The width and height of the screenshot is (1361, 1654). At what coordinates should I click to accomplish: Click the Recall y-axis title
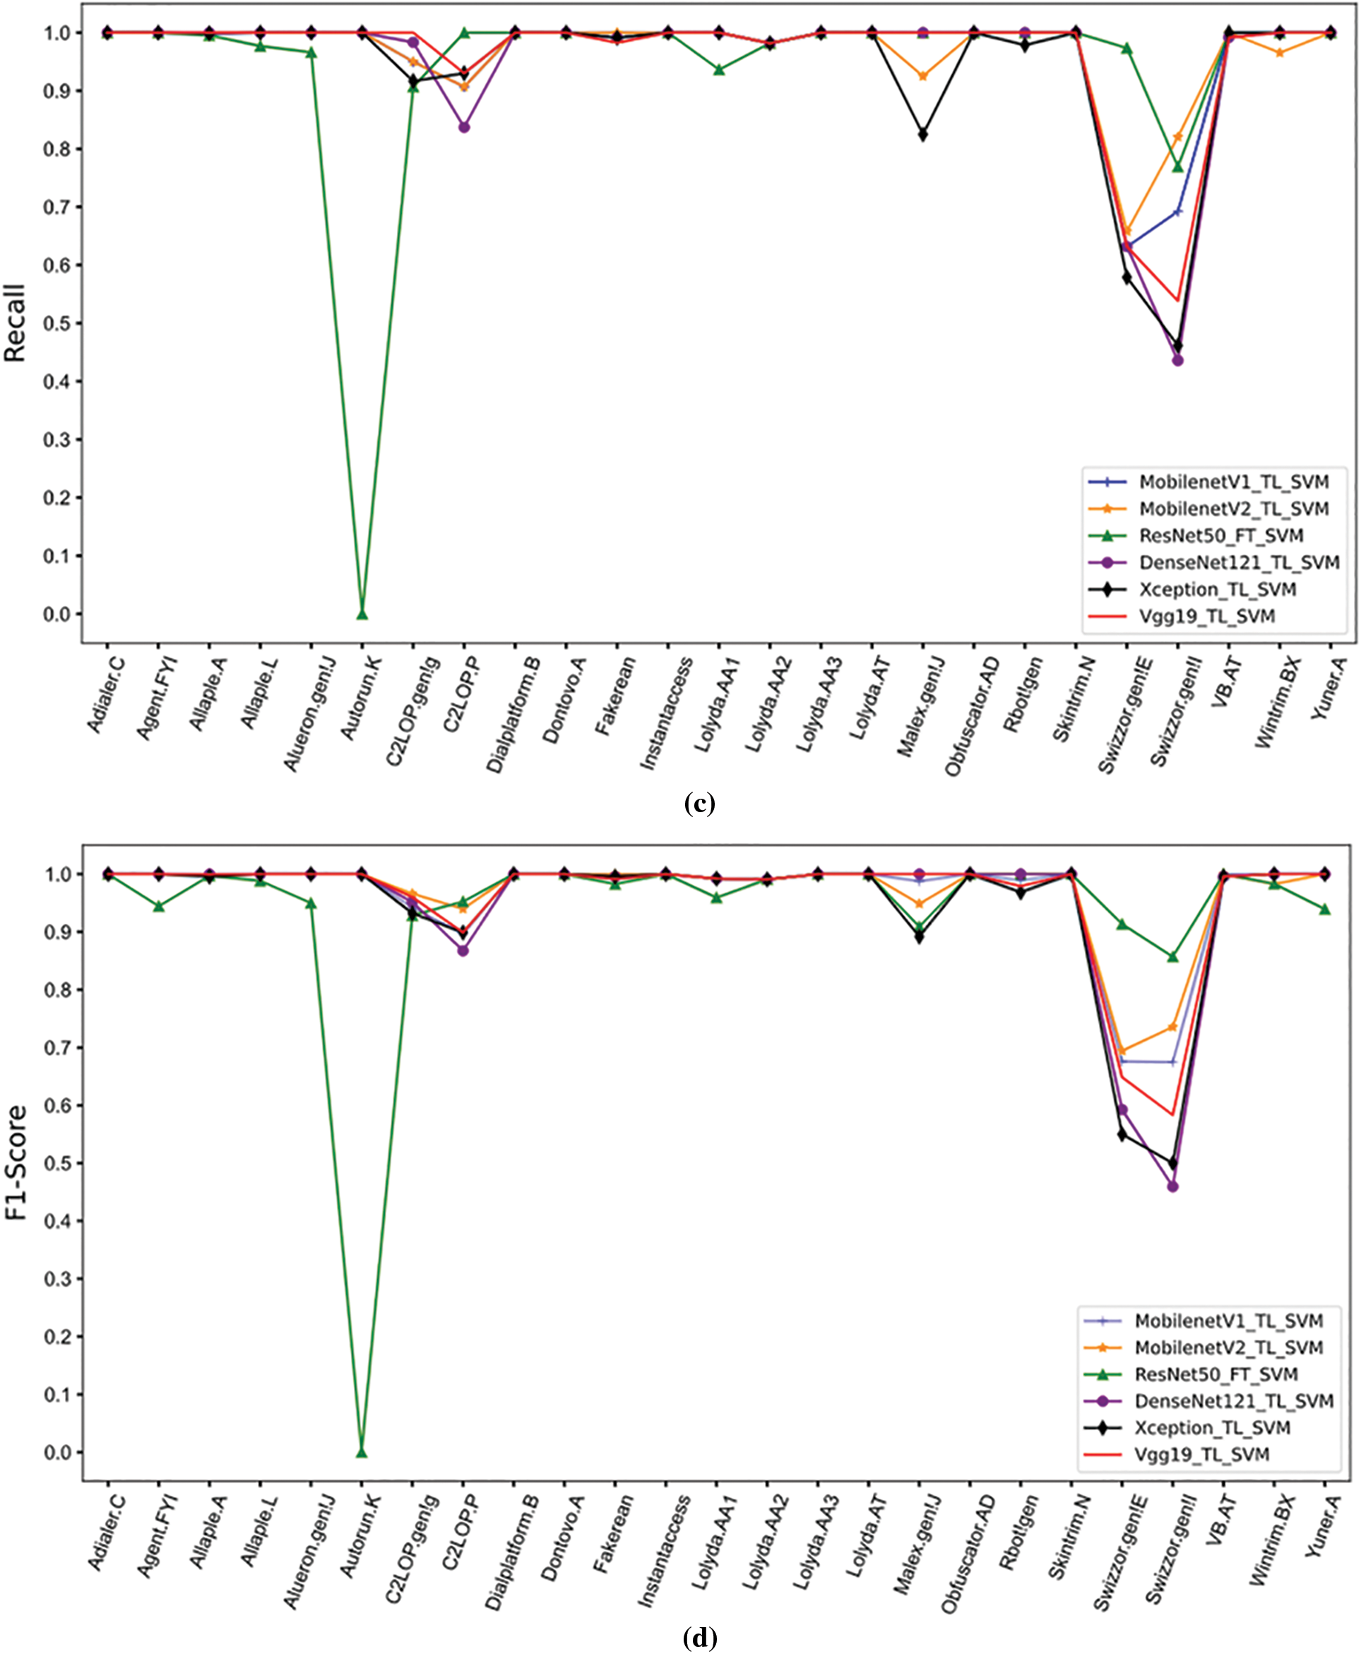(16, 322)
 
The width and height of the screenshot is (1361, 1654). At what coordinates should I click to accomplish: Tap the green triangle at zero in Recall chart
(362, 614)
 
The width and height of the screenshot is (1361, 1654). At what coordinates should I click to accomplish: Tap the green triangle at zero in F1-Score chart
(362, 1452)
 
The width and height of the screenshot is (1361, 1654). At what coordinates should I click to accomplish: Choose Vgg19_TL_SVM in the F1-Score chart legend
(1201, 1454)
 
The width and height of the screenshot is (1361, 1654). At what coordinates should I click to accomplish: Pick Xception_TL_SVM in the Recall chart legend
(1217, 589)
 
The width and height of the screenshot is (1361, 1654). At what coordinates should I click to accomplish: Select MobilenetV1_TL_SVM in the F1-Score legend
(1228, 1321)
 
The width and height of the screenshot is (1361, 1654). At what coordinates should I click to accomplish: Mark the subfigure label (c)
(699, 803)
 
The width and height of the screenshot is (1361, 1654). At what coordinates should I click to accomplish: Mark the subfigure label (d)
(699, 1638)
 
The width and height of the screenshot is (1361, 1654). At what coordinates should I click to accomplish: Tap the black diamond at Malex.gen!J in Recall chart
(922, 135)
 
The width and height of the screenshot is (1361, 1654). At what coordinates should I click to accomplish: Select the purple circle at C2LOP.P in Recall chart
(464, 127)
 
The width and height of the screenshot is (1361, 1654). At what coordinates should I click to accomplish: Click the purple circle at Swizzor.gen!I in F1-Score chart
(1173, 1186)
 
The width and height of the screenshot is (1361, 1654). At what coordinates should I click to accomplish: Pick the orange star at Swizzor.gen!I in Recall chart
(1177, 136)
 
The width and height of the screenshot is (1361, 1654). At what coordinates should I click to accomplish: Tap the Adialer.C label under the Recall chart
(106, 694)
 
